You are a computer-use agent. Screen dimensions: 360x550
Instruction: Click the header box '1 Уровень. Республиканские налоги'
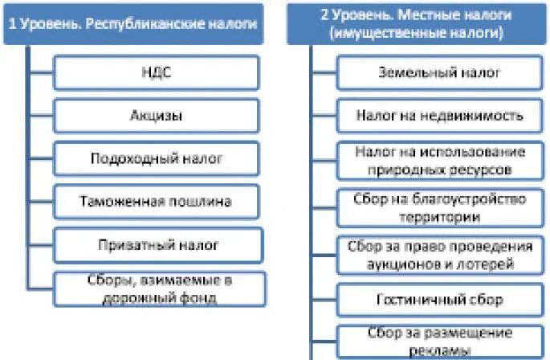(133, 25)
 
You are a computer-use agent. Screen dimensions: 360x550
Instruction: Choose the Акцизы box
(157, 116)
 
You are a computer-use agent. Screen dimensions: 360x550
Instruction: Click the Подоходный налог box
(157, 158)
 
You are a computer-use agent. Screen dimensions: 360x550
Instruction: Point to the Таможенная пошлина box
(157, 201)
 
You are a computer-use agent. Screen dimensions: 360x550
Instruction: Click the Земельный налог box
(440, 73)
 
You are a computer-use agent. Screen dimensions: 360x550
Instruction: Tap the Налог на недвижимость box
(440, 116)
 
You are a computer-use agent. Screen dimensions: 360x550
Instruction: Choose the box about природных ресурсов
(440, 160)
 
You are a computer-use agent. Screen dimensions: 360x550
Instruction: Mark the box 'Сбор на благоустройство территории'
(440, 207)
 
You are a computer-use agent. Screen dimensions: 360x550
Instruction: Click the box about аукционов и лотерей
(440, 255)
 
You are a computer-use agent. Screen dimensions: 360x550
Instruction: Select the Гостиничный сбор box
(440, 300)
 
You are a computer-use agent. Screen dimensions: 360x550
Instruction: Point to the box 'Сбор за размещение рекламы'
(440, 341)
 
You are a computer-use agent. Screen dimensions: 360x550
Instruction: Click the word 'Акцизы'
(157, 116)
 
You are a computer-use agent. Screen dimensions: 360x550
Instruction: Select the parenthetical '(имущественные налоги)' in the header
(418, 34)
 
